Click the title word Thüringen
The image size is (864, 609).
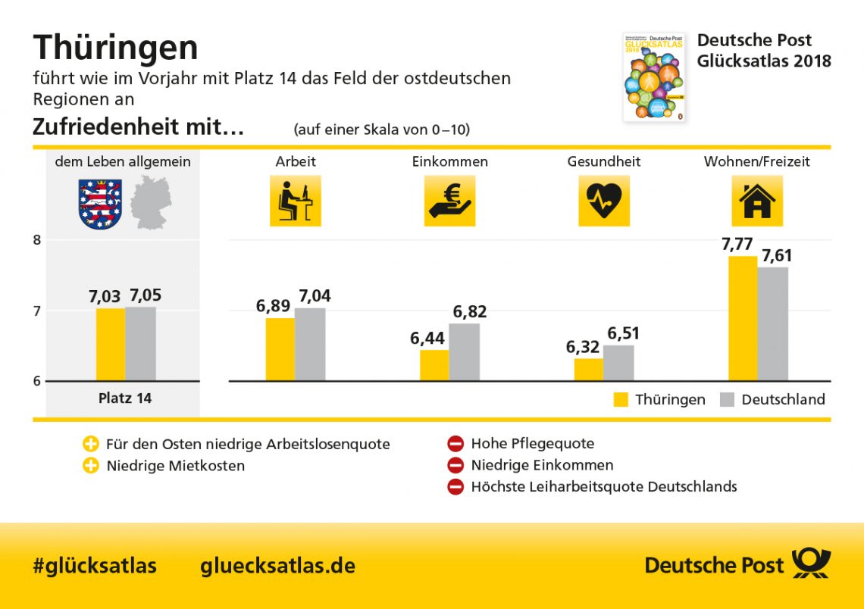tap(115, 48)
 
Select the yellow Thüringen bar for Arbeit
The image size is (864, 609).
tap(280, 349)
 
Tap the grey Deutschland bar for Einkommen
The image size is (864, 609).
tap(464, 352)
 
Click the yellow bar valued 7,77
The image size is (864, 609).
tap(742, 318)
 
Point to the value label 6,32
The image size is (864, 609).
tap(583, 347)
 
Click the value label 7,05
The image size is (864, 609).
tap(145, 295)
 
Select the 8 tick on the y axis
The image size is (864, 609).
tap(36, 240)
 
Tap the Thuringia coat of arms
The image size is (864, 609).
tap(100, 204)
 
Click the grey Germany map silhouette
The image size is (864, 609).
tap(151, 202)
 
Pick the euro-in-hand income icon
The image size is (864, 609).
tap(449, 201)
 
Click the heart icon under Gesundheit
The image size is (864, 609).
tap(604, 201)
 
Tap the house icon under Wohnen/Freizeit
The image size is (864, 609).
tap(756, 201)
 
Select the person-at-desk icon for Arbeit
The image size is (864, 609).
tap(295, 201)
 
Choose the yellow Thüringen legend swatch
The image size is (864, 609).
tap(621, 400)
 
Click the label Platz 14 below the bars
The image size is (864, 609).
tap(125, 398)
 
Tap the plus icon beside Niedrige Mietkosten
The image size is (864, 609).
tap(91, 466)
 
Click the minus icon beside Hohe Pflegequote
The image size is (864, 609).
tap(455, 444)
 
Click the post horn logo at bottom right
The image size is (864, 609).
tap(811, 564)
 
